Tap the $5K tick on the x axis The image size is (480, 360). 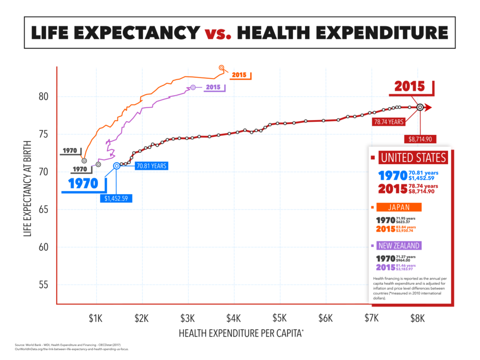coord(279,319)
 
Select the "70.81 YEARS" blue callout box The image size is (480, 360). coord(151,165)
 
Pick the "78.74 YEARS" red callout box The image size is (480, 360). coord(389,122)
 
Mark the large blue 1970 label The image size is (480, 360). coord(83,183)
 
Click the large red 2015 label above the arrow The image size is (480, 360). coord(409,87)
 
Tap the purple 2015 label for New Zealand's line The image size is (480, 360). coord(212,88)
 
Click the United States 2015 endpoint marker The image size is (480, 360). coord(420,107)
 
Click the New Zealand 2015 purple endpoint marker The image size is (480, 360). coord(193,88)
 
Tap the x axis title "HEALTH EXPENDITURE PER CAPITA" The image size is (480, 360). coord(241,333)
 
